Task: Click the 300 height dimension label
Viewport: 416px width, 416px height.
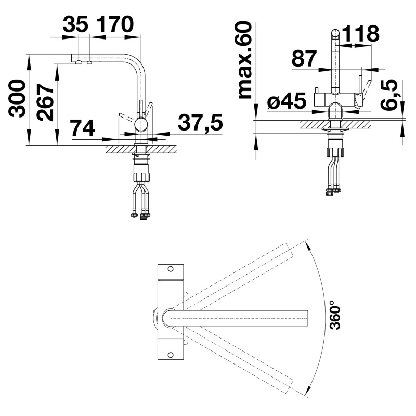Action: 17,98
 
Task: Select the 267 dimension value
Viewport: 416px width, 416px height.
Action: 45,102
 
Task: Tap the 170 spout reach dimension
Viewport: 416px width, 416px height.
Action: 114,24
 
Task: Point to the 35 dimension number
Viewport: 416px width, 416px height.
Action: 75,24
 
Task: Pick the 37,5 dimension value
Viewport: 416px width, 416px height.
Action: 200,123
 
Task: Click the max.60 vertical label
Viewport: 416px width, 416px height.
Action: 244,60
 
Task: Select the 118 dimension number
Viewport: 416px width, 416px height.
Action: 360,33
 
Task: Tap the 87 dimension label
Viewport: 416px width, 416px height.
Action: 304,58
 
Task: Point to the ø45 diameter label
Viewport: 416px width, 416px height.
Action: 287,101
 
